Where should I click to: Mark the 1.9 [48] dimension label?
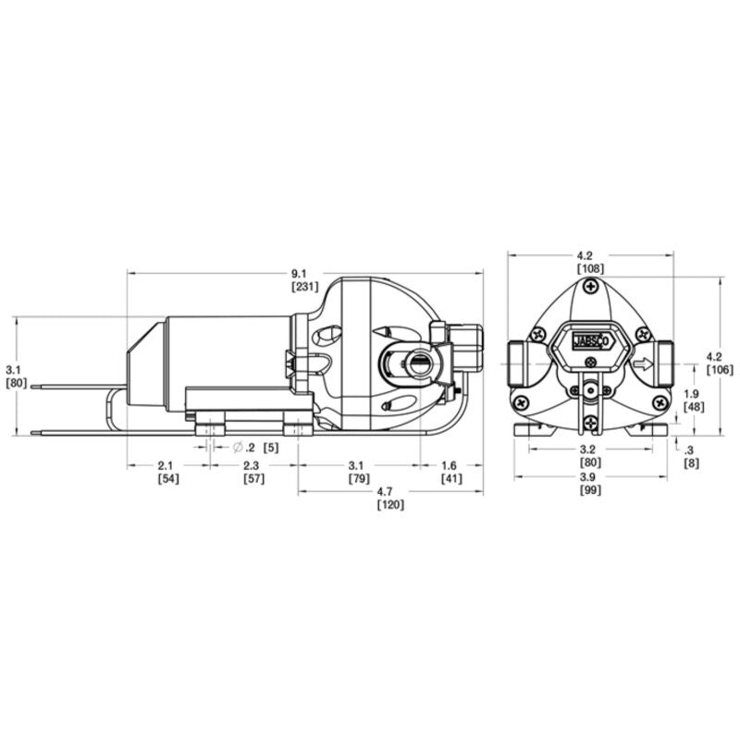691,401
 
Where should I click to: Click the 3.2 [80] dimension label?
590,455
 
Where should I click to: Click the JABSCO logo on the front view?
590,339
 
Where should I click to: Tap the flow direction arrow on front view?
641,364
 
